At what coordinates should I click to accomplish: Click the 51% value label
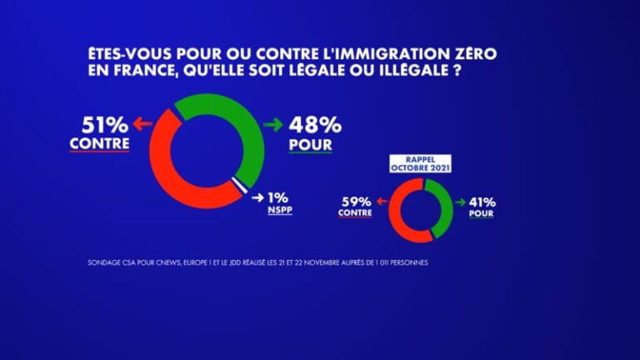(105, 125)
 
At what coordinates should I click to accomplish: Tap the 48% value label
(314, 125)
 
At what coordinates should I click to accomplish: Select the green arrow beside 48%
(272, 125)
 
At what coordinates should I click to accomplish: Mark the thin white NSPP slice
(241, 186)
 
